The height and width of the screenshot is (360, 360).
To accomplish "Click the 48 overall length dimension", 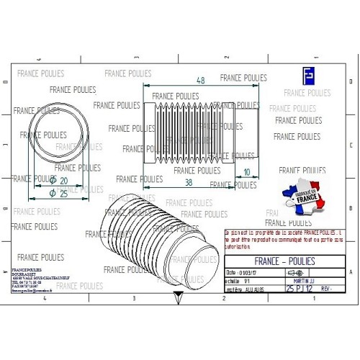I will (201, 80).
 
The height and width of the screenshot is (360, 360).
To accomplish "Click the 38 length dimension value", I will (188, 183).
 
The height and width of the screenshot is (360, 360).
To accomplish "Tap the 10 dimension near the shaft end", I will (248, 172).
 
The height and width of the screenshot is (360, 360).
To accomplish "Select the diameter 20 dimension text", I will (60, 181).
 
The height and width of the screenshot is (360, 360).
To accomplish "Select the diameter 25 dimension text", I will (60, 194).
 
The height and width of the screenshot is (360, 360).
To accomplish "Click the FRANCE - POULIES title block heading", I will (284, 261).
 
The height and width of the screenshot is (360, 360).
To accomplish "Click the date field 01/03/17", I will (242, 273).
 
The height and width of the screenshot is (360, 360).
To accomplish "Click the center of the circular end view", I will (58, 135).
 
